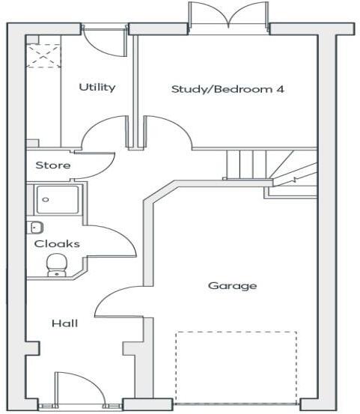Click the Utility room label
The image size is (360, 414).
[97, 88]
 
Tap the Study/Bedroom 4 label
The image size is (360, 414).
[228, 89]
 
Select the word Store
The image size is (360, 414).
[53, 165]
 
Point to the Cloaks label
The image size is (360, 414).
[57, 243]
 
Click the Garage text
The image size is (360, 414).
[232, 286]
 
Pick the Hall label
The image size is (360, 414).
[64, 323]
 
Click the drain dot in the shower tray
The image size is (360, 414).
[45, 200]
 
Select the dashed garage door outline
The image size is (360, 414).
[236, 367]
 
